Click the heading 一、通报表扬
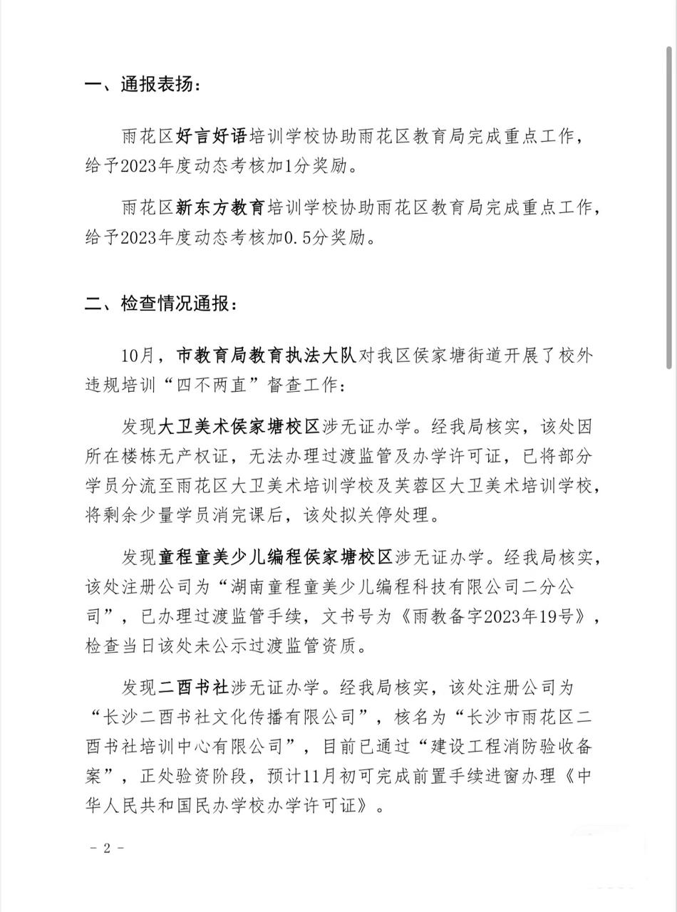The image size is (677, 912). point(142,85)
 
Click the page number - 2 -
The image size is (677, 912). point(108,848)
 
